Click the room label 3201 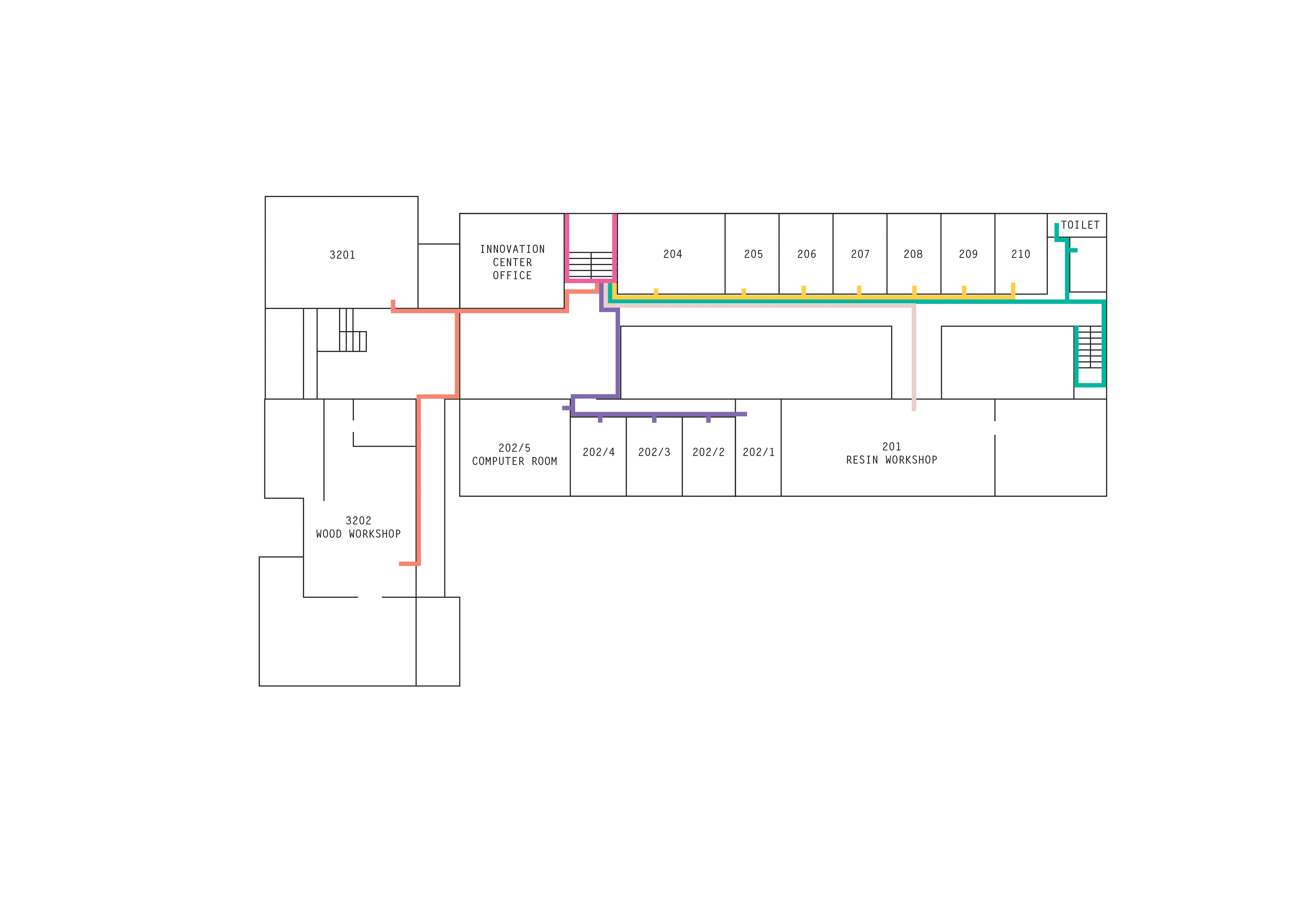pyautogui.click(x=342, y=255)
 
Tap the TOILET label pyautogui.click(x=1080, y=225)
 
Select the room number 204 pyautogui.click(x=672, y=254)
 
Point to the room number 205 pyautogui.click(x=753, y=254)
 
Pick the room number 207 pyautogui.click(x=860, y=254)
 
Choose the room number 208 pyautogui.click(x=913, y=254)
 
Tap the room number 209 pyautogui.click(x=968, y=254)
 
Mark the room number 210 pyautogui.click(x=1020, y=254)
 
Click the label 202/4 pyautogui.click(x=598, y=452)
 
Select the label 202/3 pyautogui.click(x=654, y=452)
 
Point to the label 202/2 pyautogui.click(x=708, y=452)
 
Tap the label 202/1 pyautogui.click(x=758, y=452)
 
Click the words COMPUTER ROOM pyautogui.click(x=514, y=461)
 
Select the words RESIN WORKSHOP pyautogui.click(x=891, y=460)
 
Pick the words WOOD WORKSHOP pyautogui.click(x=358, y=534)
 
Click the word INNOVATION pyautogui.click(x=512, y=249)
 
